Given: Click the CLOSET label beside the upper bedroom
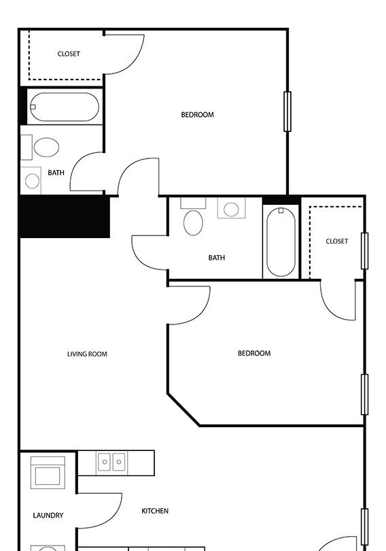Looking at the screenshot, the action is click(x=69, y=54).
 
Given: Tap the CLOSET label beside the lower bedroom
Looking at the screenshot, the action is click(x=337, y=241).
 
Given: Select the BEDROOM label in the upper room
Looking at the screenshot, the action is click(x=197, y=114).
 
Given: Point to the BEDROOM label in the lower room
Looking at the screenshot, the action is click(x=254, y=353).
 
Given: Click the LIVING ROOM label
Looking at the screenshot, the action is click(x=87, y=354).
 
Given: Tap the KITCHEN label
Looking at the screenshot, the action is click(x=155, y=511).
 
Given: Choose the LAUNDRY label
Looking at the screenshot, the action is click(x=48, y=515).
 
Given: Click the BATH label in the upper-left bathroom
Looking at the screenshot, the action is click(x=56, y=173).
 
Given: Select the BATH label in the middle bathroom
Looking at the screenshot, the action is click(x=217, y=258).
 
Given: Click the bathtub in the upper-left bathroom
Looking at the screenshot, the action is click(x=65, y=107).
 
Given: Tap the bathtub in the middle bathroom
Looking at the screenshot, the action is click(x=281, y=241).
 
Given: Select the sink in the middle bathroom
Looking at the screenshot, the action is click(x=231, y=208).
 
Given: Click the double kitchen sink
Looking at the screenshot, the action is click(x=111, y=462).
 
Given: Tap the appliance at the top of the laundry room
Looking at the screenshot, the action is click(x=48, y=473).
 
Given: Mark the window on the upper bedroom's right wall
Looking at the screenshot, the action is click(x=287, y=112).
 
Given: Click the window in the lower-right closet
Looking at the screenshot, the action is click(x=365, y=251).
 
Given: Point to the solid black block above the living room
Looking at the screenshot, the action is click(x=65, y=217).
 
